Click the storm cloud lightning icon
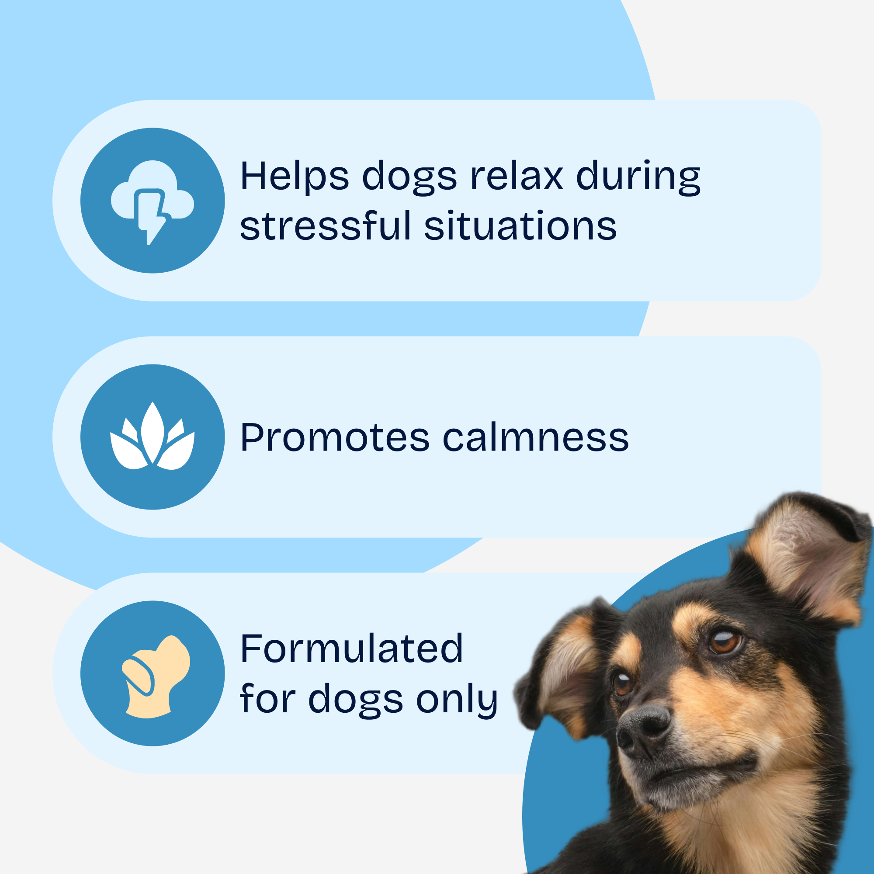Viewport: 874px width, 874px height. click(x=153, y=202)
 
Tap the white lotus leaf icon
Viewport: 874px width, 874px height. click(x=153, y=436)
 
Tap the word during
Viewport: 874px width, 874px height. click(x=638, y=177)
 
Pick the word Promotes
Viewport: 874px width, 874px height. click(x=335, y=437)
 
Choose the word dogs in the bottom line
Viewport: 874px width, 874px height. click(x=356, y=699)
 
